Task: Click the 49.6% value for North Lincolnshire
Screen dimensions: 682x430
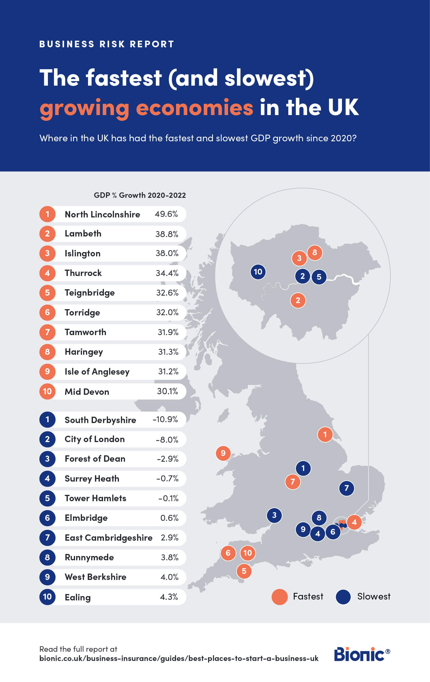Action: [166, 214]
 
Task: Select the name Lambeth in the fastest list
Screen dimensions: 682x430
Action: [83, 233]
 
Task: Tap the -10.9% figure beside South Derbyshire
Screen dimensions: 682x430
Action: [165, 419]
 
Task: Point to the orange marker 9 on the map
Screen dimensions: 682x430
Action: [223, 453]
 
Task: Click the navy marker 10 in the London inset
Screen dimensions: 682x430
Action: [258, 272]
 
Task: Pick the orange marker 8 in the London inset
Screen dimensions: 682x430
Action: [315, 253]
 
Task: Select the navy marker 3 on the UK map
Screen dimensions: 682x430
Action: [274, 515]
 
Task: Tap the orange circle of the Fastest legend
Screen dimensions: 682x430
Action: [279, 597]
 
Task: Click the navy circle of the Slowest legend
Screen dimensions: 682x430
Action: [343, 597]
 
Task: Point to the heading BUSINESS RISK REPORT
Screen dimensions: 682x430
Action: [107, 44]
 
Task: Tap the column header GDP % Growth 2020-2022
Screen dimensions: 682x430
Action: [140, 195]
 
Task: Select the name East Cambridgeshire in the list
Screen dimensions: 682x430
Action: [108, 538]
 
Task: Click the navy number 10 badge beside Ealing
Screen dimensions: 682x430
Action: [47, 597]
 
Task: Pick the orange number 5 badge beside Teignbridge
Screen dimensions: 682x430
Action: [47, 293]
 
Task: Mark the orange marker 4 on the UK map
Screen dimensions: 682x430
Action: [354, 522]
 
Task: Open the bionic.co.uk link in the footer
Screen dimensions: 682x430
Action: [179, 659]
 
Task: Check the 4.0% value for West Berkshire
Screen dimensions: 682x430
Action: [169, 577]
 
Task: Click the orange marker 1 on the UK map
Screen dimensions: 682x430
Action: [325, 434]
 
